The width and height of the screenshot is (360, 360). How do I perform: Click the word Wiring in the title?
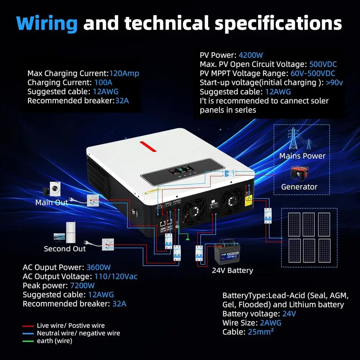tap(47, 23)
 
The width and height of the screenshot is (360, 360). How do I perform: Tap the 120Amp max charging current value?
tap(124, 73)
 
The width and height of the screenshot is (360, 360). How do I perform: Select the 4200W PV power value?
tap(251, 55)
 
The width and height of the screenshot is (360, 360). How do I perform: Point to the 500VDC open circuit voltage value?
tap(323, 64)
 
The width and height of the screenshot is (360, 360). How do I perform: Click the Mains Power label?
tap(302, 156)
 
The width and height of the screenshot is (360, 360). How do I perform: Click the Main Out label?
tap(51, 203)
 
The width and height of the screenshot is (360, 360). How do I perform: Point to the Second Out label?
tap(65, 249)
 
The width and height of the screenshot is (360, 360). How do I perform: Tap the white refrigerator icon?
tap(71, 232)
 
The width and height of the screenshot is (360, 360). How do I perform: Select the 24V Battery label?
tap(232, 270)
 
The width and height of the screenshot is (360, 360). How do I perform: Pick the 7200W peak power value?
tap(82, 286)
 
